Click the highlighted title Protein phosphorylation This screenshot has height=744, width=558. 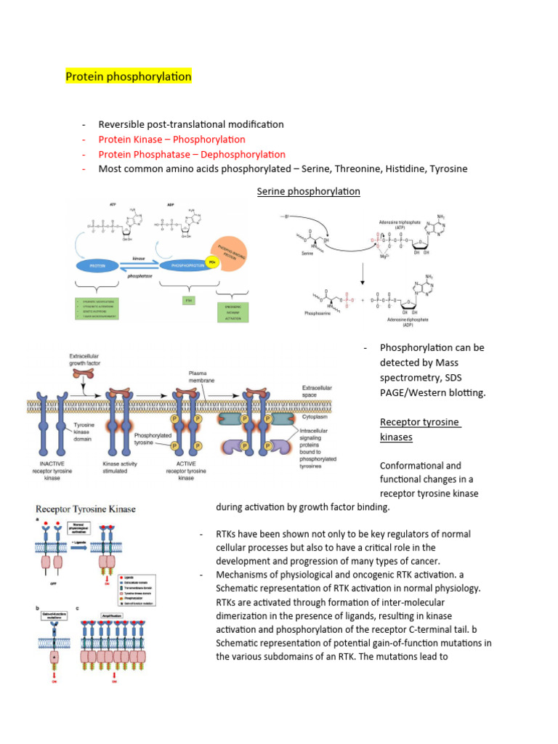(x=129, y=76)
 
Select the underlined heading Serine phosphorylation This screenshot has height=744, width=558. (x=309, y=191)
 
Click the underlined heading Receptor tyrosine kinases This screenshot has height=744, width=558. (x=409, y=429)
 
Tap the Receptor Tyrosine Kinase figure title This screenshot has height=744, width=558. (x=86, y=509)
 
